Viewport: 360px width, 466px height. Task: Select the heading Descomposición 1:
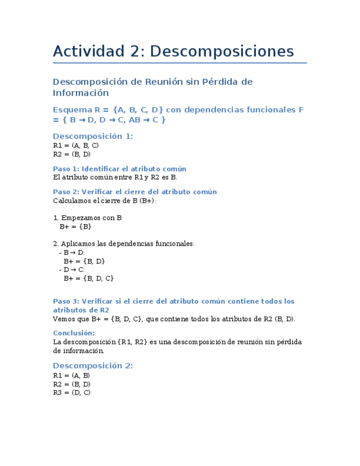pos(93,136)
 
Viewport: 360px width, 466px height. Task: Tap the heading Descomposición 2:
pos(93,366)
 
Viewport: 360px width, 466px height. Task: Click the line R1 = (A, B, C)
pos(76,146)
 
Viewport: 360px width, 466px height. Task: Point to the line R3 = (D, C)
pos(72,392)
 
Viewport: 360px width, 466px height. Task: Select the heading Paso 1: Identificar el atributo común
pos(119,169)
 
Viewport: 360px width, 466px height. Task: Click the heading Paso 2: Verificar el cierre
pos(135,192)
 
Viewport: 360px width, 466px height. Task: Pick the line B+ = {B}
pos(75,226)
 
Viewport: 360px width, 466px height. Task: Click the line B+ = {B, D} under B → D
pos(84,262)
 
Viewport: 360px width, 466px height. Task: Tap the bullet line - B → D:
pos(71,253)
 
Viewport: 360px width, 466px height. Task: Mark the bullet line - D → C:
pos(71,270)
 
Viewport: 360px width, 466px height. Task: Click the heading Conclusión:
pos(74,333)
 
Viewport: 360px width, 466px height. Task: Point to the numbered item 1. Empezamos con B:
pos(88,218)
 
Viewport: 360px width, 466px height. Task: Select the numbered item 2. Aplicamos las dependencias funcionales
pos(124,244)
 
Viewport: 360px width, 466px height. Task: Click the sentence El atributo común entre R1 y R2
pos(115,177)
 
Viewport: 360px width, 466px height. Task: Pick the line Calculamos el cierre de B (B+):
pos(104,201)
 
